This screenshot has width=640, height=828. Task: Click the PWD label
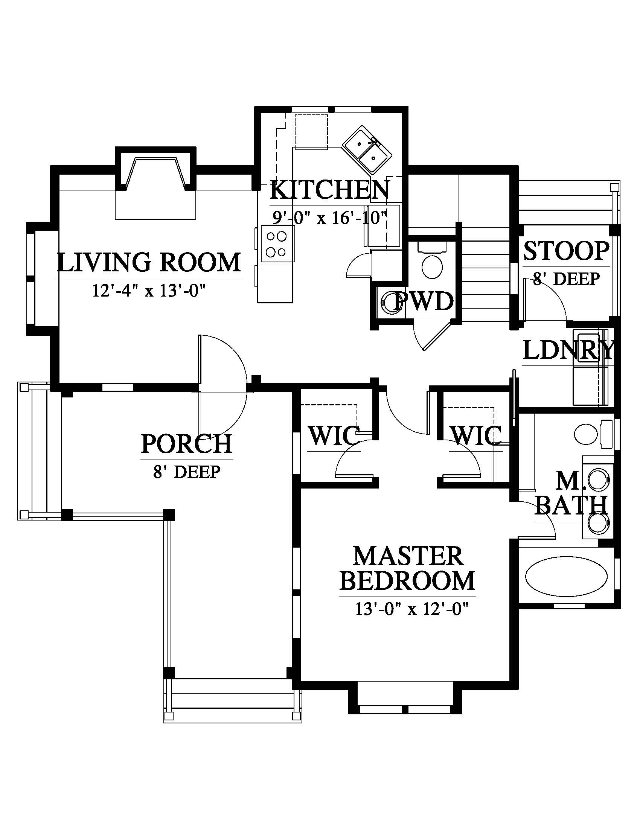pos(424,302)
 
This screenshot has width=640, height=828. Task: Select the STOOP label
pos(567,251)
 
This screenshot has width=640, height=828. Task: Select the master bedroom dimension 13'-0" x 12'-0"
pos(410,609)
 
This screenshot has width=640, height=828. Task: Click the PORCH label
pos(186,443)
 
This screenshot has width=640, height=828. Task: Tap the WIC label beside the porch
pos(334,435)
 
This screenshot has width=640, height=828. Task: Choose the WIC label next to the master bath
pos(476,435)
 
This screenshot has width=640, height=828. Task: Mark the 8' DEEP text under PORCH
pos(186,472)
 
